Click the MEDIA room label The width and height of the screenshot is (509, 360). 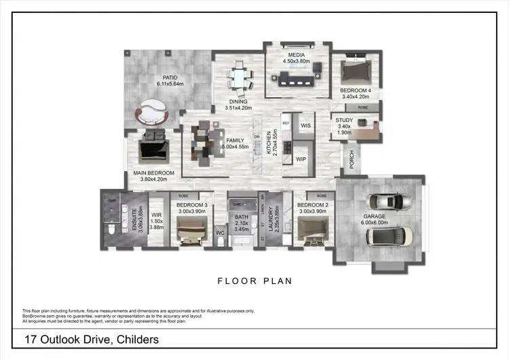point(296,54)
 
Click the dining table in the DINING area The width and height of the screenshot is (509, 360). point(238,75)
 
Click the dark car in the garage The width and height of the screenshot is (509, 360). point(388,236)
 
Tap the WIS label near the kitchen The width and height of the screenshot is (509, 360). point(306,126)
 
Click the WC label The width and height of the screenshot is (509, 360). point(220,234)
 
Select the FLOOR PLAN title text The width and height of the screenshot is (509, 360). point(254,281)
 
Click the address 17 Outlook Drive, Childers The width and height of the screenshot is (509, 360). point(92,339)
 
